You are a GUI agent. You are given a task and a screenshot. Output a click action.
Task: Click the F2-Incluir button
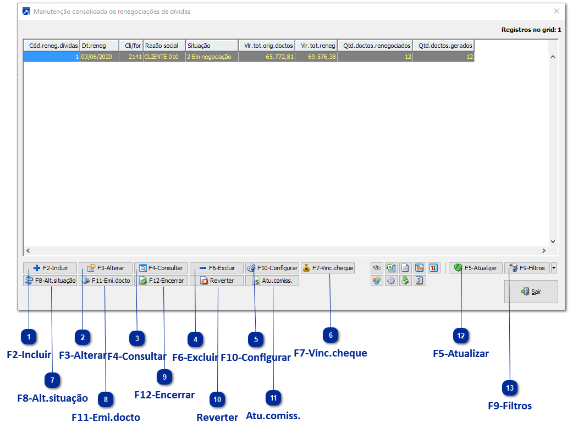pyautogui.click(x=51, y=268)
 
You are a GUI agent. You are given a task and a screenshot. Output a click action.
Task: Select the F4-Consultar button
pyautogui.click(x=161, y=268)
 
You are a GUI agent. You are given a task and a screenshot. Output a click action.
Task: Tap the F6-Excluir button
pyautogui.click(x=217, y=268)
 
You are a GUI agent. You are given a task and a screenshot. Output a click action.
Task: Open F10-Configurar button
pyautogui.click(x=272, y=268)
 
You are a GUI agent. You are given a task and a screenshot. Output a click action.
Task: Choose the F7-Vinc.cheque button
pyautogui.click(x=328, y=268)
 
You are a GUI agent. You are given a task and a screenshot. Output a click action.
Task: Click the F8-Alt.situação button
pyautogui.click(x=51, y=281)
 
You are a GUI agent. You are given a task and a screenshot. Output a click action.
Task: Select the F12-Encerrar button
pyautogui.click(x=161, y=281)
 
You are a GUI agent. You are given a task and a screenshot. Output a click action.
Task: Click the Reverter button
pyautogui.click(x=217, y=281)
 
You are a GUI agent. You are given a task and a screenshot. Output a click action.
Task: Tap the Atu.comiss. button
pyautogui.click(x=272, y=281)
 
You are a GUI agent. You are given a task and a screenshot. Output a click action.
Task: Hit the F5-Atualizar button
pyautogui.click(x=476, y=268)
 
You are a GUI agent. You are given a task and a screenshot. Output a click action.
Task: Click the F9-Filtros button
pyautogui.click(x=527, y=268)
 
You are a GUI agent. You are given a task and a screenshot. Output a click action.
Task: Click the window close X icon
pyautogui.click(x=557, y=11)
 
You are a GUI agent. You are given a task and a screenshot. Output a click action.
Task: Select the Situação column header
pyautogui.click(x=211, y=46)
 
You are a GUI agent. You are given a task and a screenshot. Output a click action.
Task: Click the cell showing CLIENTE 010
pyautogui.click(x=164, y=57)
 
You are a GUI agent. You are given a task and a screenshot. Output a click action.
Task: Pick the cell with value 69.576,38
pyautogui.click(x=316, y=57)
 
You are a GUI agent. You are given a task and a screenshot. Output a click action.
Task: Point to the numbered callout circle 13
pyautogui.click(x=510, y=388)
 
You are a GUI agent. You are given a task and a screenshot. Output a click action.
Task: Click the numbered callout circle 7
pyautogui.click(x=52, y=380)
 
